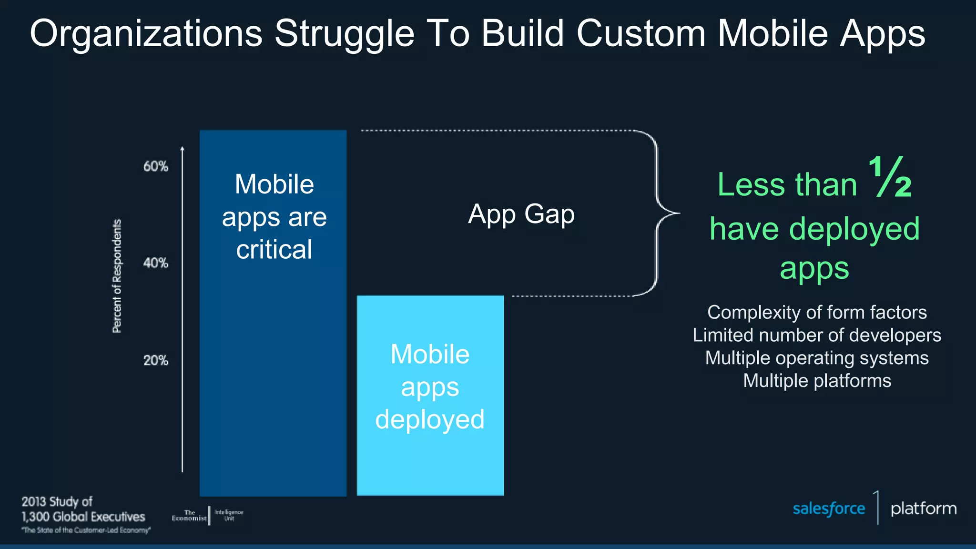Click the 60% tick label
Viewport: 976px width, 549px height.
[155, 166]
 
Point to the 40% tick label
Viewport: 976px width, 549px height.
[155, 263]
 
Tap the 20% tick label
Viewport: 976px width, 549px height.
[155, 360]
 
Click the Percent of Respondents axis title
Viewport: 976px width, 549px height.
[117, 276]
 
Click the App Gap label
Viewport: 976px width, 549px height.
[521, 214]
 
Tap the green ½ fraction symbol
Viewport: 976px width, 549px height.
[890, 177]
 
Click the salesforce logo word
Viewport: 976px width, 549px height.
[828, 509]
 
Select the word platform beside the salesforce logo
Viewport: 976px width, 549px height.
[924, 508]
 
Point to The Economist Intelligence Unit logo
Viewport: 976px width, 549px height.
[208, 516]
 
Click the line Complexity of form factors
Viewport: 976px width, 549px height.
[817, 313]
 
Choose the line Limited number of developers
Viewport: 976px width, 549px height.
[817, 335]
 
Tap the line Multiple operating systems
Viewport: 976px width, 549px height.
[817, 358]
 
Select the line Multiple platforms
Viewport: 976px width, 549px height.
[817, 381]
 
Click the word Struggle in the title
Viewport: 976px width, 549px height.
[344, 34]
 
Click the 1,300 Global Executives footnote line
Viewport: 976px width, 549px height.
[83, 517]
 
